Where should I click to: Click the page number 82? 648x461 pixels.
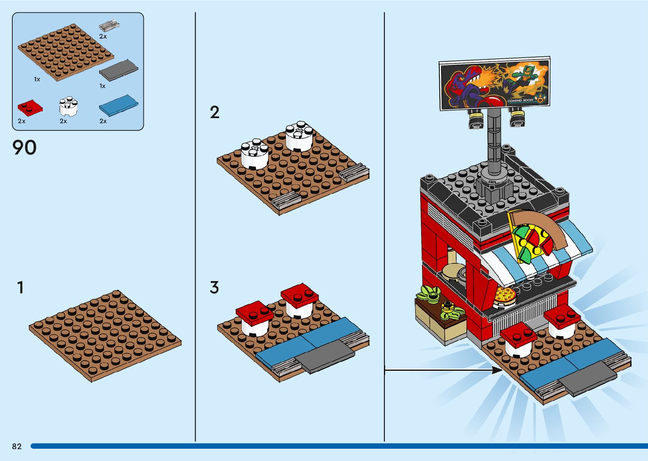coord(17,446)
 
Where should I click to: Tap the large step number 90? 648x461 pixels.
coord(24,147)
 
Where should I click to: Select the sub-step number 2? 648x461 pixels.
coord(215,112)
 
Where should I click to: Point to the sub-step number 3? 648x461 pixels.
coord(214,287)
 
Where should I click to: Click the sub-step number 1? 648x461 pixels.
coord(20,287)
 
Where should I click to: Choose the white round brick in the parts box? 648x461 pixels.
coord(68,106)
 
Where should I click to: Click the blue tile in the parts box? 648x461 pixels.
coord(119,106)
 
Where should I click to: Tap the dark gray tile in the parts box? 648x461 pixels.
coord(119,70)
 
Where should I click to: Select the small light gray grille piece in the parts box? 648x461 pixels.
coord(109,26)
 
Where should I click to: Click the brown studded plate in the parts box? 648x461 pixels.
coord(66,52)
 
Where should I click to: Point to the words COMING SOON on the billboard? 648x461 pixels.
coord(521,100)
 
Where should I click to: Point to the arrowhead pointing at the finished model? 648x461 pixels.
coord(498,370)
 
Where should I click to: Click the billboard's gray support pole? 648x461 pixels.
coord(494,142)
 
